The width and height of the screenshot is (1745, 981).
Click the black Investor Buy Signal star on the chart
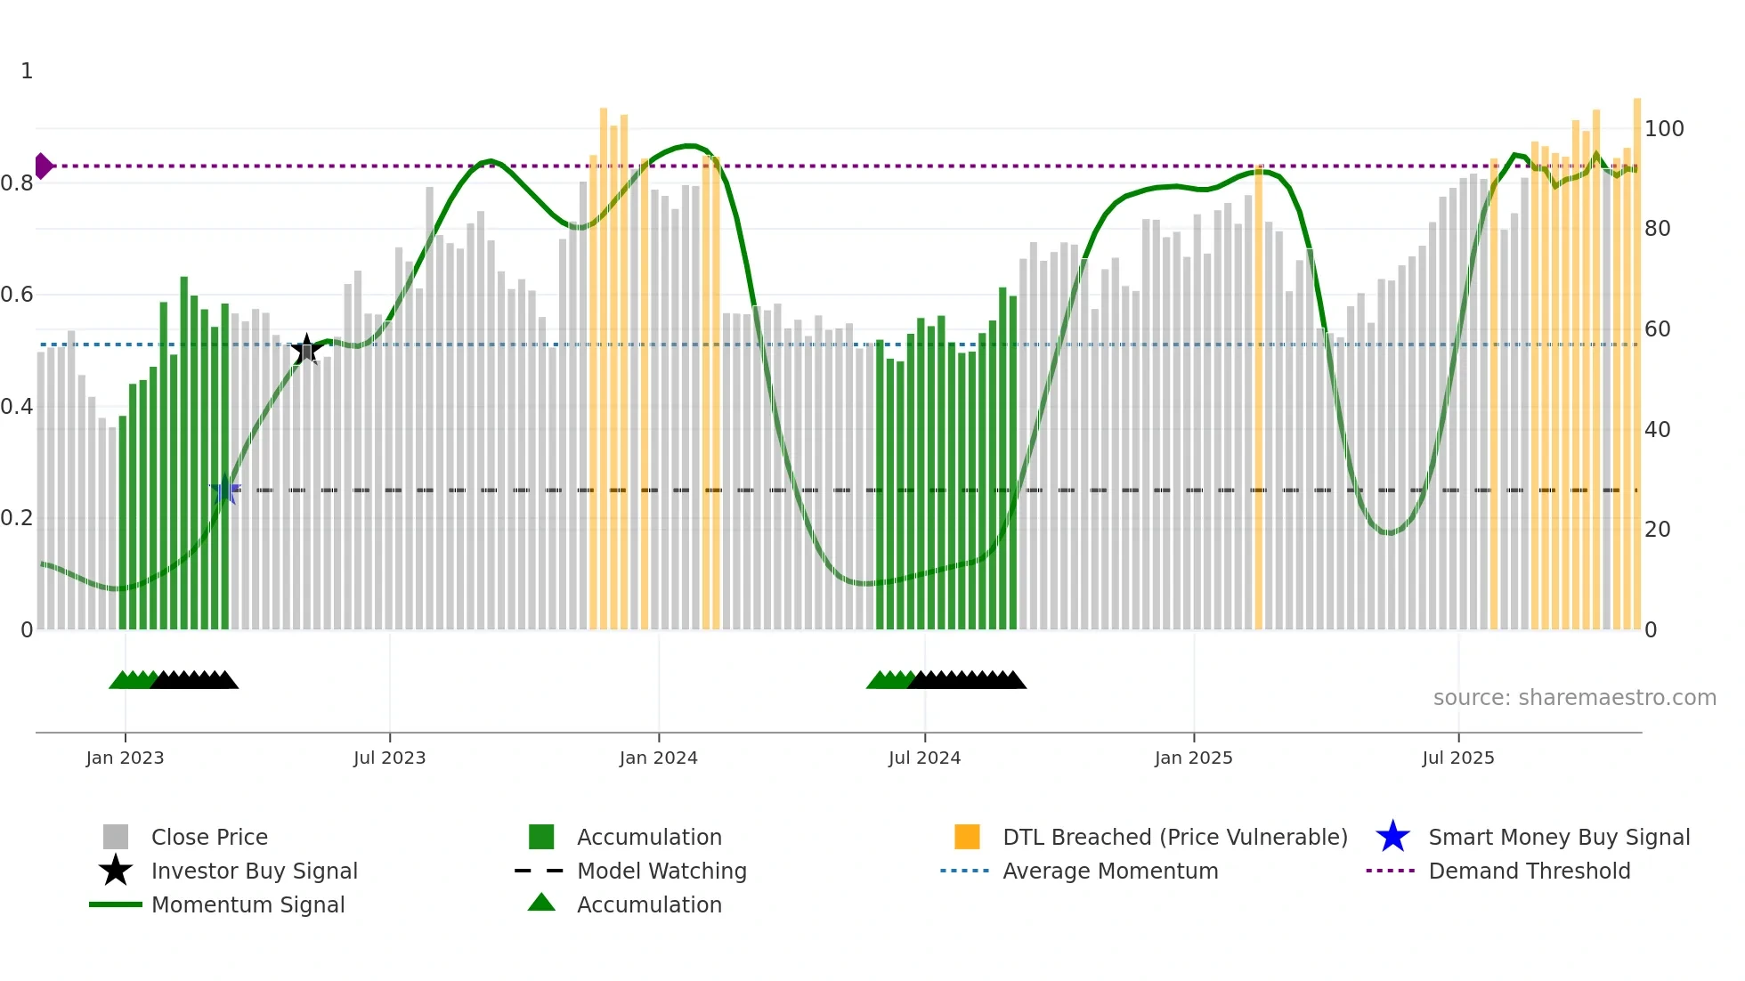click(306, 350)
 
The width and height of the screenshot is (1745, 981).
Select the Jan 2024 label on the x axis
click(658, 758)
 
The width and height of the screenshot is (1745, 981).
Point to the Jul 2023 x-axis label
click(389, 758)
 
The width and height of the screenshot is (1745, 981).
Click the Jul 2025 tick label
click(1457, 758)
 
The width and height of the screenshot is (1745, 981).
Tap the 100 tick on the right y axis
click(1663, 129)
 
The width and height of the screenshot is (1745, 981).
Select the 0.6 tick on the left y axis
click(17, 295)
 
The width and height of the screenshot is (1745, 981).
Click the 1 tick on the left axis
click(27, 71)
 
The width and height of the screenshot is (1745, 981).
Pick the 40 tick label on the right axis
click(1657, 430)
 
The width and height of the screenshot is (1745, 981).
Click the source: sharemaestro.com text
click(1574, 698)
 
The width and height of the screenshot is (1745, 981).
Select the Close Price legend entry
click(209, 837)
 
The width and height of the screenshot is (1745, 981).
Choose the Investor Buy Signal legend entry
click(254, 871)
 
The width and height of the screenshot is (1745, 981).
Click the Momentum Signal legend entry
click(248, 904)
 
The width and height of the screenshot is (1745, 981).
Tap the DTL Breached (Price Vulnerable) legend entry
click(1174, 837)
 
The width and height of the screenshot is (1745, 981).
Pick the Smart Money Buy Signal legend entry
click(1558, 837)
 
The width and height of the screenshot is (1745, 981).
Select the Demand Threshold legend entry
click(1529, 871)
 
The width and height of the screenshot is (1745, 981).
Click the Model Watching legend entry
click(661, 871)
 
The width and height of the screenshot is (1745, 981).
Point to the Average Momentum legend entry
click(1109, 871)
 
